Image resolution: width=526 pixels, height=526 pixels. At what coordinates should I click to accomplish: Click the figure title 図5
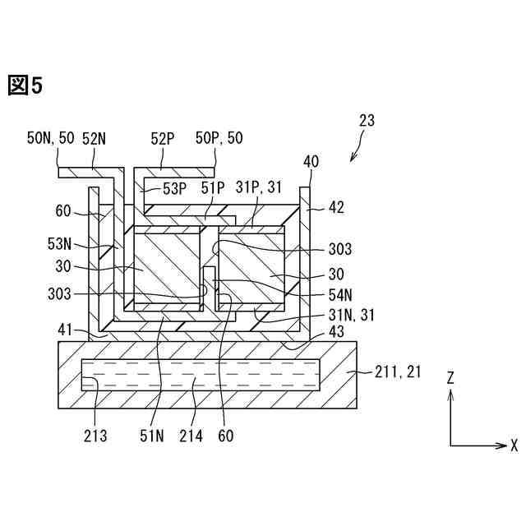point(25,85)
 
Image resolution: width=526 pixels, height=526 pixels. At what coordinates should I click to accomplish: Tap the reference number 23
point(367,120)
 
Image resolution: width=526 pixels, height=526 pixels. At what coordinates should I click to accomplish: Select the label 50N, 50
point(51,138)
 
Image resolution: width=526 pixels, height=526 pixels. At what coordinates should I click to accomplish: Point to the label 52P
point(162,138)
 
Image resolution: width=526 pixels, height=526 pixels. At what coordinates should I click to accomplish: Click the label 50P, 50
point(219,138)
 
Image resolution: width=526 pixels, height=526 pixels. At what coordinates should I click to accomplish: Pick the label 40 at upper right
point(311,161)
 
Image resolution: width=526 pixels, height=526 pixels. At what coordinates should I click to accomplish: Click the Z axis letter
point(450,377)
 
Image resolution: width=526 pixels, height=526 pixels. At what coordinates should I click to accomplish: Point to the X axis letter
point(514,445)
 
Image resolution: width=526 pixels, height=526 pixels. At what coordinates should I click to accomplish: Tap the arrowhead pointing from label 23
point(353,157)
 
